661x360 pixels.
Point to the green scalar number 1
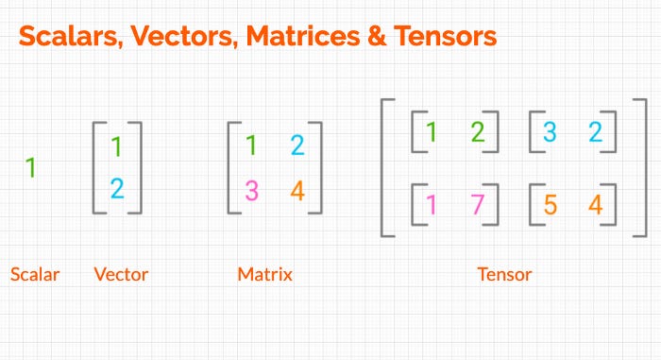point(30,168)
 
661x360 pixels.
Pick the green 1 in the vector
point(117,147)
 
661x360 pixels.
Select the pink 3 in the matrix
point(251,191)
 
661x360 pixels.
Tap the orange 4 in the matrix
point(297,191)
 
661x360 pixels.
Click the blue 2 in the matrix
point(297,146)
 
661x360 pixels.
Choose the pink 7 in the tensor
point(477,204)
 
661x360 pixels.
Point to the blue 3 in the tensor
point(550,132)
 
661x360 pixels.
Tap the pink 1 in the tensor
point(432,204)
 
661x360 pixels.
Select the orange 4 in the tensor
point(595,204)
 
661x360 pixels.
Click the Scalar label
point(35,275)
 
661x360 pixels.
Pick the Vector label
point(121,275)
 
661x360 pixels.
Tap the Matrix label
point(264,275)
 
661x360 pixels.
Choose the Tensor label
point(505,275)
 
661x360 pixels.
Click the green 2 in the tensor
point(477,132)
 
